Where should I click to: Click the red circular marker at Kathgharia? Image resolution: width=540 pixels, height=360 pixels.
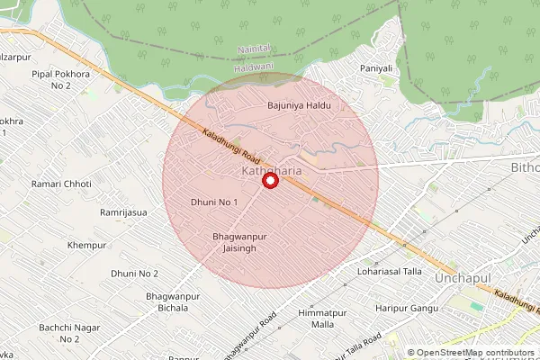click(x=268, y=181)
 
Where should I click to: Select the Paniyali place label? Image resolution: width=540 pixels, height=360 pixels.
click(x=377, y=68)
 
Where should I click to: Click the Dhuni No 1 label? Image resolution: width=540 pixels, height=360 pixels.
click(x=214, y=202)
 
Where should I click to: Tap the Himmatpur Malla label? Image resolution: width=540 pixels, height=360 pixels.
click(x=322, y=318)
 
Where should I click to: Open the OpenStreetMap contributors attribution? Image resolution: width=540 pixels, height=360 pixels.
click(x=475, y=353)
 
